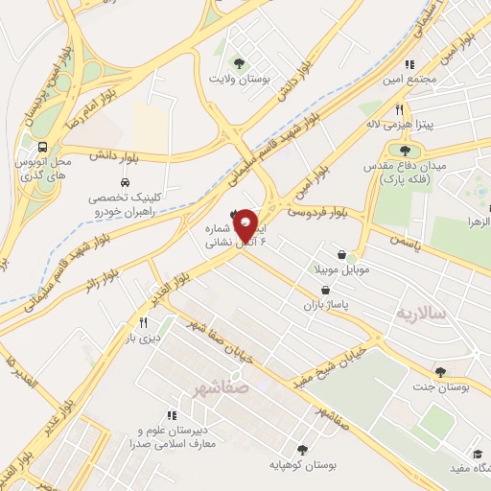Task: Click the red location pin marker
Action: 246,224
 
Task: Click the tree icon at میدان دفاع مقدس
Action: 404,150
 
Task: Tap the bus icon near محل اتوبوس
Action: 43,148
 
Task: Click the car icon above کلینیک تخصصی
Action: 126,182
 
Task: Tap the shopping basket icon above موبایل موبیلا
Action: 351,258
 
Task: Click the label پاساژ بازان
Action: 323,303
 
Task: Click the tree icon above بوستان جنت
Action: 440,372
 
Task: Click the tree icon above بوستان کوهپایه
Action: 303,448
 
